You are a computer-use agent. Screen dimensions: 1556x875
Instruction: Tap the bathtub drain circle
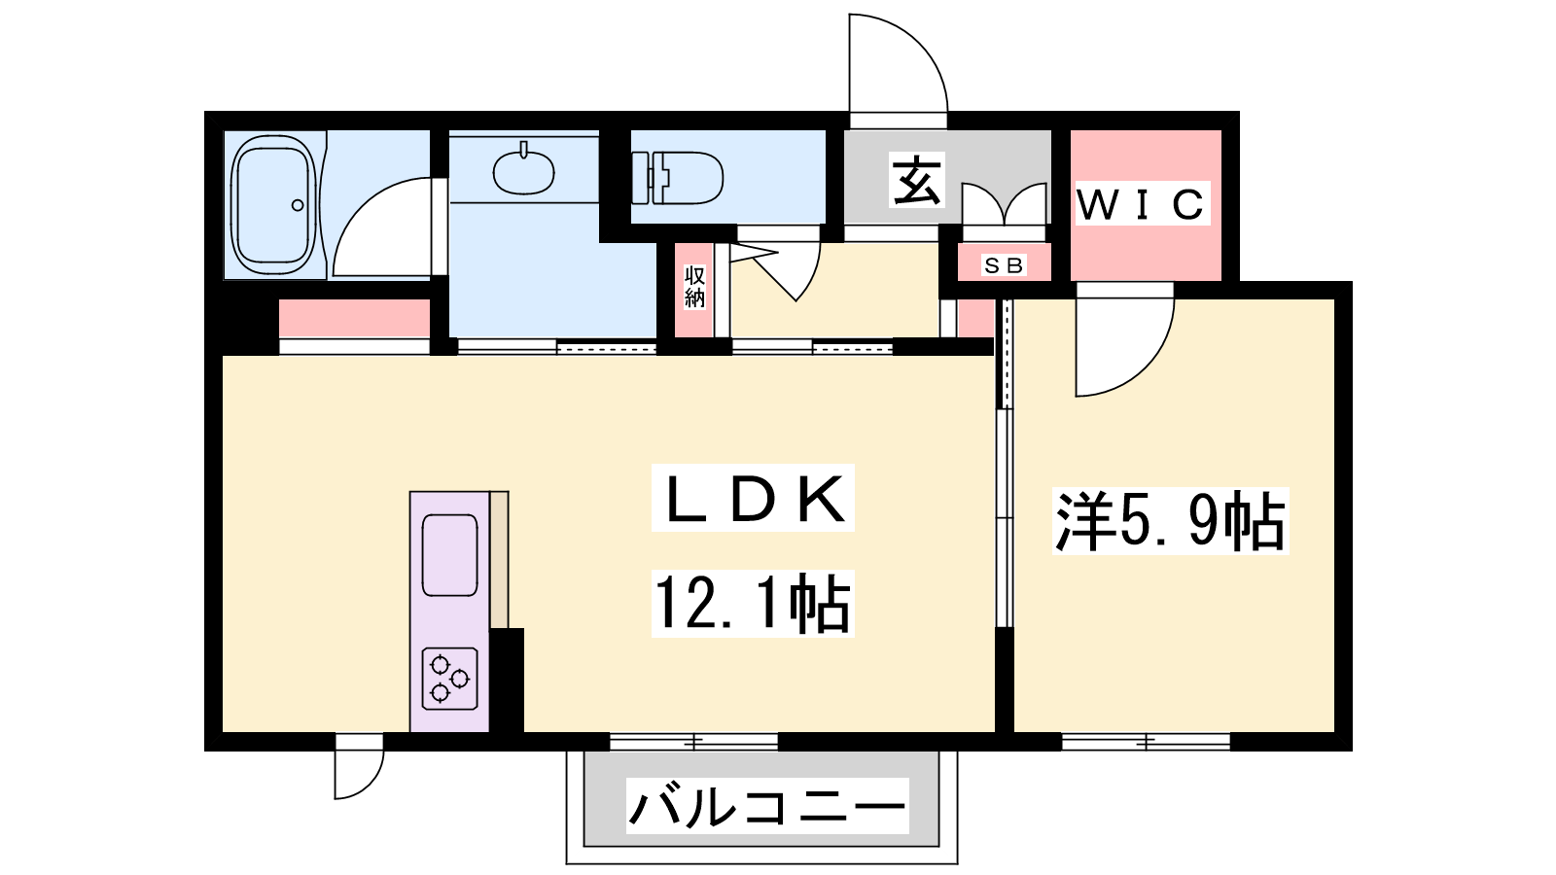[298, 205]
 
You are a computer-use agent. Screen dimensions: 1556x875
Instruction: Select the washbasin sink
[524, 169]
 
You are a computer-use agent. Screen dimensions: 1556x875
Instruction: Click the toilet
[677, 179]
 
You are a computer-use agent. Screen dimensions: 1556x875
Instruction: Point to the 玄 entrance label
[917, 181]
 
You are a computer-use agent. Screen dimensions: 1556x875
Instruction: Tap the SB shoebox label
[1004, 265]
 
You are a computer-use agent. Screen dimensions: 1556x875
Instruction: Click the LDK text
[753, 498]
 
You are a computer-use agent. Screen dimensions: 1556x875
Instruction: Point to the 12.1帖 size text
[753, 603]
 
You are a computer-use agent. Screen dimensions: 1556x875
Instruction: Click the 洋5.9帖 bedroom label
[1171, 521]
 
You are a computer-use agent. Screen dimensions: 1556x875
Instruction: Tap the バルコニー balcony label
[767, 806]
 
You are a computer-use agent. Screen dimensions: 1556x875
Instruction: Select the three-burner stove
[449, 679]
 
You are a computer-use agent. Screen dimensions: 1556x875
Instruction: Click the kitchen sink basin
[449, 555]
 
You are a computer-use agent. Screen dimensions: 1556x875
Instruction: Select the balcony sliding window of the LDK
[693, 743]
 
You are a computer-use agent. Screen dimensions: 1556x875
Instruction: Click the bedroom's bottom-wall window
[1147, 743]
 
